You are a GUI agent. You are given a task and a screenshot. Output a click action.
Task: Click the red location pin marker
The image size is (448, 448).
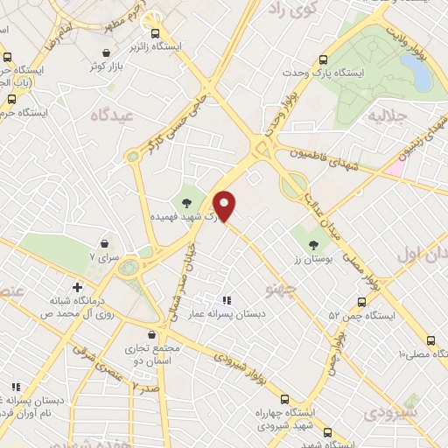point(225,206)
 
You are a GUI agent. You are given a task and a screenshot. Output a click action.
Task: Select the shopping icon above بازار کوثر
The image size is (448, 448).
point(106,52)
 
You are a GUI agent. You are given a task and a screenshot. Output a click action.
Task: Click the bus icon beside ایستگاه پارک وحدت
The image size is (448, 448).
point(324,59)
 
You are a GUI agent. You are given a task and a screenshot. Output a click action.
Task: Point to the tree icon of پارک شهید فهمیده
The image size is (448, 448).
point(187,202)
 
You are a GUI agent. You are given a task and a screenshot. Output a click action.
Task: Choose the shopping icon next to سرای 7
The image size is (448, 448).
point(105,243)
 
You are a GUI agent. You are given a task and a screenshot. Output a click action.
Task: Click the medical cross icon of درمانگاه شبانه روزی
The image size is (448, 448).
point(78,287)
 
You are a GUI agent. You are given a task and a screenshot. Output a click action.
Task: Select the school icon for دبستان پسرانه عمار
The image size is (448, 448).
point(227,300)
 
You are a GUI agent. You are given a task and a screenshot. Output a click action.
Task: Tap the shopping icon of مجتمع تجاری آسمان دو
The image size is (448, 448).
point(152,334)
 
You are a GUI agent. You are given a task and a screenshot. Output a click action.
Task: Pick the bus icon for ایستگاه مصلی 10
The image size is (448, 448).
point(430,340)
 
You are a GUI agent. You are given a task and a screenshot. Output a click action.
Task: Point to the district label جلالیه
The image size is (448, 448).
point(388,115)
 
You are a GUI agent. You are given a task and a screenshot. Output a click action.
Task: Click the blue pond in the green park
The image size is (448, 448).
point(419,76)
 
